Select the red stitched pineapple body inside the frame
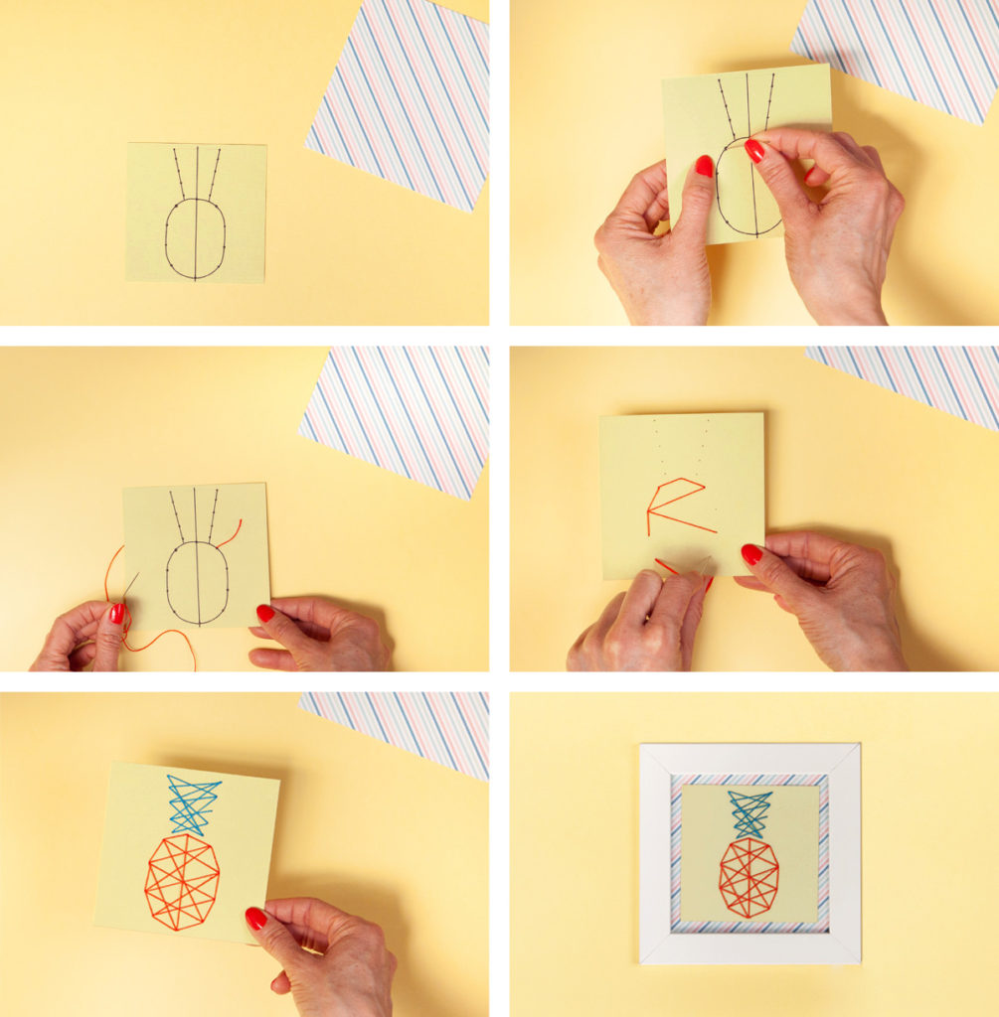coord(749,877)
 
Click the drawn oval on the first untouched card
coord(195,238)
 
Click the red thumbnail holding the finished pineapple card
coord(255,919)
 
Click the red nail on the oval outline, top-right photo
coord(755,150)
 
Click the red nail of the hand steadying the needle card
coord(265,614)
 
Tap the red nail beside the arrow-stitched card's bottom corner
coord(751,554)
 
